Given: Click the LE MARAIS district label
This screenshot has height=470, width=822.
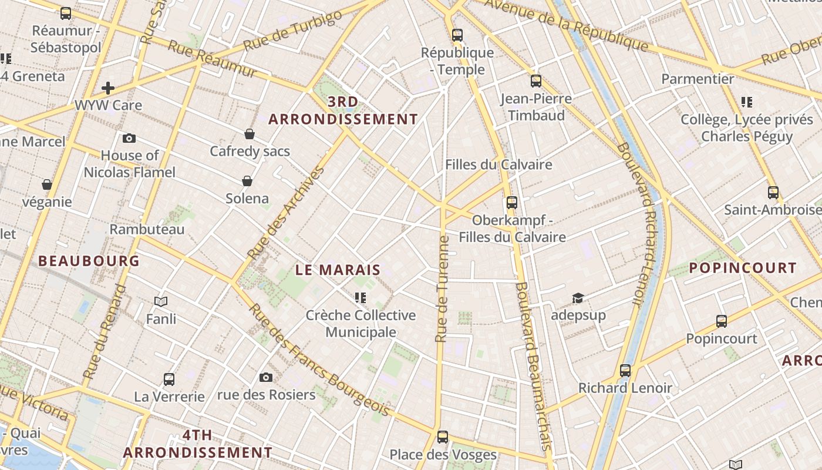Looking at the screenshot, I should coord(338,270).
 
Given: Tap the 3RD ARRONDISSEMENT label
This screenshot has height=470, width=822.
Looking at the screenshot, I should coord(343,110).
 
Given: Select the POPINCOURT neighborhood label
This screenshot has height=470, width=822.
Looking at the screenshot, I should coord(742,268).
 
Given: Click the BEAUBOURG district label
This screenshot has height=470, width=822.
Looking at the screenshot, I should coord(89,261).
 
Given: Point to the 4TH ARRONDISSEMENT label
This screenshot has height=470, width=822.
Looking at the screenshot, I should coord(197,444).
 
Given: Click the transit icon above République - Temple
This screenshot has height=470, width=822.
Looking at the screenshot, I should coord(457,35).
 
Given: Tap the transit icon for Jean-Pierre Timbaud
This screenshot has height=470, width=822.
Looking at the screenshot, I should coord(535,81).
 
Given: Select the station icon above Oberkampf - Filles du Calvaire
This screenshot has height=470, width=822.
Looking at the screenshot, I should coord(512,203).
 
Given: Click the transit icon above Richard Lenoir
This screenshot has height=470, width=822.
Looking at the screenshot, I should coord(625,371).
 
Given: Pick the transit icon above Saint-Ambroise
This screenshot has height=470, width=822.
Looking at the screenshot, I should coord(773,192).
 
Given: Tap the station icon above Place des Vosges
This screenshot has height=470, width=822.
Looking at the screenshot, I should coord(443,437).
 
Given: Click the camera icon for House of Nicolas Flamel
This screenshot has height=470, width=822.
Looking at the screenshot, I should coord(129,139).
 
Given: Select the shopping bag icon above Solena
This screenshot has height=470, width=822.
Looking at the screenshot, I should coord(247,181).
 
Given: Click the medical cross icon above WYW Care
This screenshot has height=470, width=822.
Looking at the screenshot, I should coord(108,88).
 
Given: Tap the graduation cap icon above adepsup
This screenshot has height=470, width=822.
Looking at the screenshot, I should coord(578,298).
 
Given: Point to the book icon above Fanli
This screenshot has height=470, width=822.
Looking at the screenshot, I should coord(161,301).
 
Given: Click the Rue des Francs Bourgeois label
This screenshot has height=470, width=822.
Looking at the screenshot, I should coord(320,360).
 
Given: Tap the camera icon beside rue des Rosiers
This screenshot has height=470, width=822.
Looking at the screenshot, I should coord(266,377).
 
